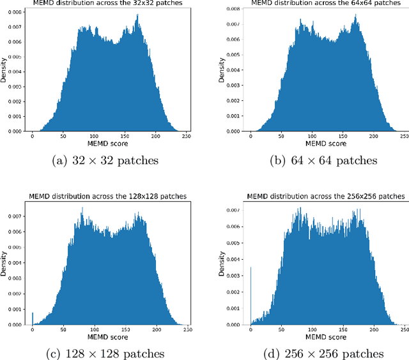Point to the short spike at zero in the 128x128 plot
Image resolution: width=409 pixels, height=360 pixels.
[33, 318]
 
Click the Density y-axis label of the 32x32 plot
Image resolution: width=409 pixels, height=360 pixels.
[4, 70]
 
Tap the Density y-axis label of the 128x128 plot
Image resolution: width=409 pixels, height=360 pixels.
[4, 262]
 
